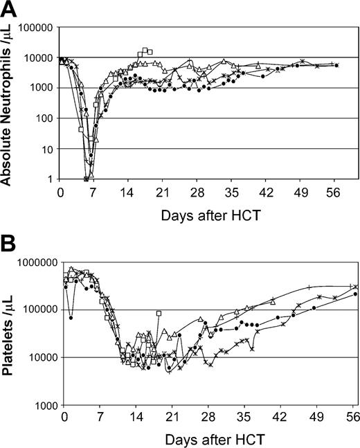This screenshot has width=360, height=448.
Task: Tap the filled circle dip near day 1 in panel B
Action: (71, 318)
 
